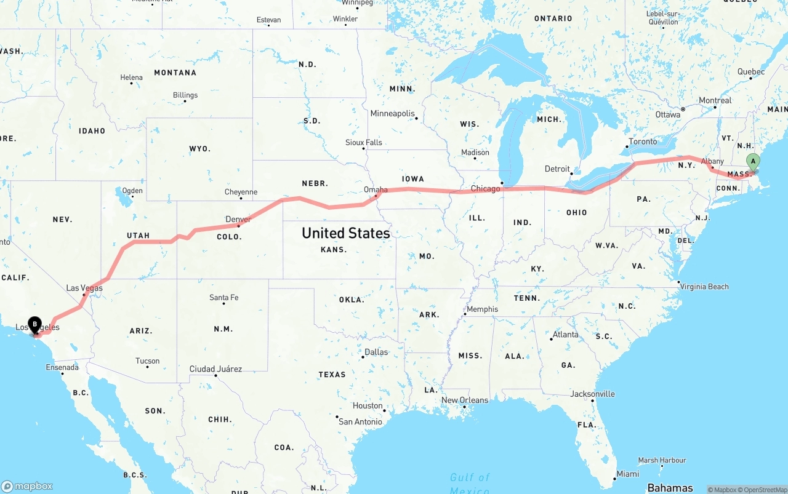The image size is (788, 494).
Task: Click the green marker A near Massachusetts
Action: click(x=752, y=162)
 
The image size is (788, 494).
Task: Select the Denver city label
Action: click(x=238, y=219)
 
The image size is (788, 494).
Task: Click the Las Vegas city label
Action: click(x=84, y=288)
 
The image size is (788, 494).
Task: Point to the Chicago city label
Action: click(x=485, y=188)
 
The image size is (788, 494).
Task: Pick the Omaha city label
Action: click(x=376, y=189)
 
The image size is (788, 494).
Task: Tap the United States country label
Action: click(x=345, y=233)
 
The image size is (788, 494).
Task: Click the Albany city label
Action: click(x=712, y=161)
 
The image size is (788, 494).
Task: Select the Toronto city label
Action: click(x=643, y=141)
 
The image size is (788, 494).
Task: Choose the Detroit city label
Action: click(x=557, y=169)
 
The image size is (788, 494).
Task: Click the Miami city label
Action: click(x=627, y=474)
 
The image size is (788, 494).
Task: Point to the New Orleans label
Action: click(x=465, y=400)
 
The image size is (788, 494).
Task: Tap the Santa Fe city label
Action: click(x=223, y=297)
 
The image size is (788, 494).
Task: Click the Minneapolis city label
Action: click(x=392, y=113)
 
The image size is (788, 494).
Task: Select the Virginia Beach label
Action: click(x=706, y=286)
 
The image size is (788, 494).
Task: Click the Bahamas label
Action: click(x=670, y=488)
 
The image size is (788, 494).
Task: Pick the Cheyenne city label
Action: click(x=241, y=192)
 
